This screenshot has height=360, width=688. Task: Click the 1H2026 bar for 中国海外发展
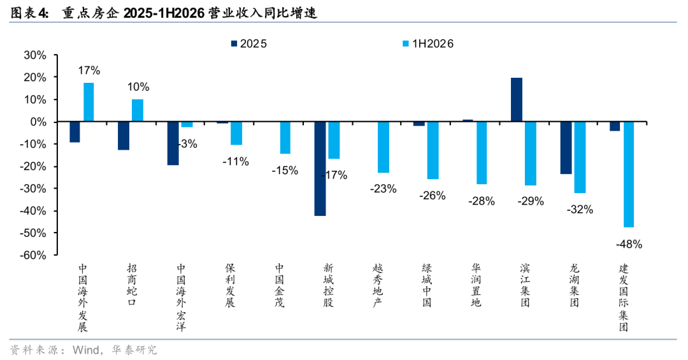[x=89, y=102]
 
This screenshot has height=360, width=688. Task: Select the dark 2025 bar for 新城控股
[x=320, y=169]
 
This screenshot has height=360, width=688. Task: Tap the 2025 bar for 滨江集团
[x=517, y=99]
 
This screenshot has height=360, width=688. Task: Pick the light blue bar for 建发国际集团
[x=629, y=175]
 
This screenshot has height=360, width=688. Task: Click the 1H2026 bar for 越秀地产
[x=383, y=147]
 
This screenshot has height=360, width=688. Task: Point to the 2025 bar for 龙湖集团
[x=566, y=148]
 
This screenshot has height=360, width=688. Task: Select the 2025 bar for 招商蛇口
[x=124, y=136]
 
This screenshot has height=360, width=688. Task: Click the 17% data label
[x=89, y=70]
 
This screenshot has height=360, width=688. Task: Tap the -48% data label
[x=629, y=244]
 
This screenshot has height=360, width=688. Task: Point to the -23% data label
[x=383, y=189]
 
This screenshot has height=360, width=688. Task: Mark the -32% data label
[x=580, y=210]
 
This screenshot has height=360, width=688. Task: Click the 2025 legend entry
[x=248, y=43]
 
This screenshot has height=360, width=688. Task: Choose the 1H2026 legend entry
[x=428, y=43]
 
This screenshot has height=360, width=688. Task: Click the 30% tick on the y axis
[x=35, y=55]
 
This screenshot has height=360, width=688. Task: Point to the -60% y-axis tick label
[x=33, y=255]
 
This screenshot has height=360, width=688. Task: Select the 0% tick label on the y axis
[x=38, y=122]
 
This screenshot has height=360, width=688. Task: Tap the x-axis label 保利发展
[x=231, y=285]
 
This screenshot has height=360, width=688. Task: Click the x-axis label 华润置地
[x=476, y=285]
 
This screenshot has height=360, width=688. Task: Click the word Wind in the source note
[x=86, y=350]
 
